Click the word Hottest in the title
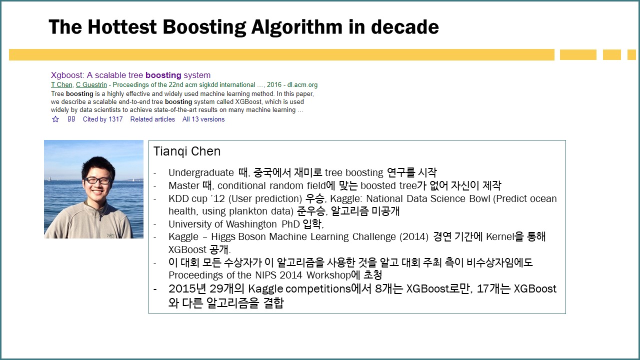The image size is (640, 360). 122,27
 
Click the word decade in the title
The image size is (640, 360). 405,27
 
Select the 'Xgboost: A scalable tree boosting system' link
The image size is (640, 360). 130,75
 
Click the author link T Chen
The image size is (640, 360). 61,85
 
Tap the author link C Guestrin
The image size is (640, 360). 91,85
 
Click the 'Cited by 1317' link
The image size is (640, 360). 102,119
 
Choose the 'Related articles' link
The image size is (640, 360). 152,119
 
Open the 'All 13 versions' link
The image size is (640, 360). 203,119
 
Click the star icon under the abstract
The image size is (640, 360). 55,119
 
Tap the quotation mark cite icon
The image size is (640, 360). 71,119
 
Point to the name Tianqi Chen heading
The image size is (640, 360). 187,151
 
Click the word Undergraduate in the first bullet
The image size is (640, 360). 201,172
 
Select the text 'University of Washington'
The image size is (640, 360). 222,224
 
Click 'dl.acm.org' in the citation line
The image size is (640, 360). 302,85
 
